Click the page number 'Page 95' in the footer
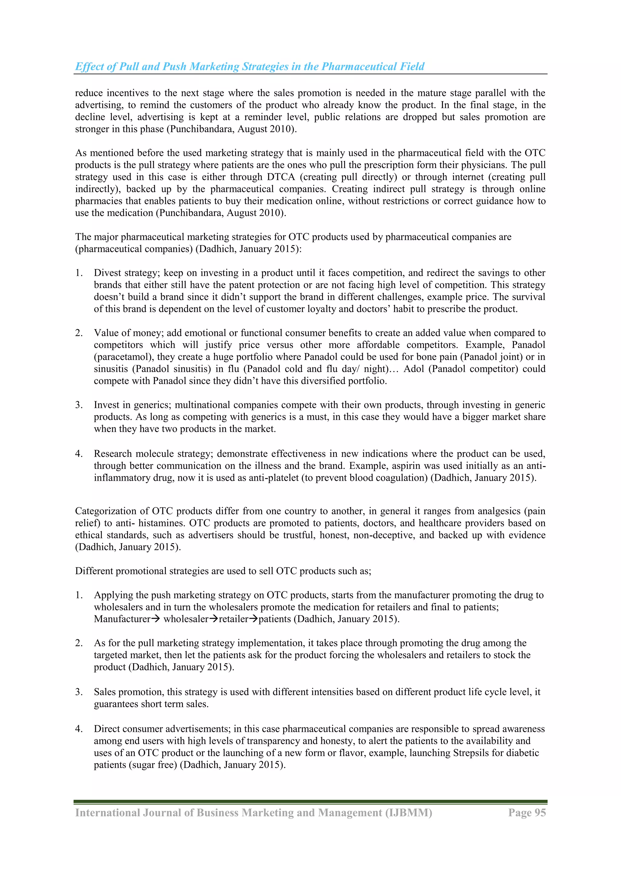pyautogui.click(x=527, y=812)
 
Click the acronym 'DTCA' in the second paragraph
pyautogui.click(x=281, y=177)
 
